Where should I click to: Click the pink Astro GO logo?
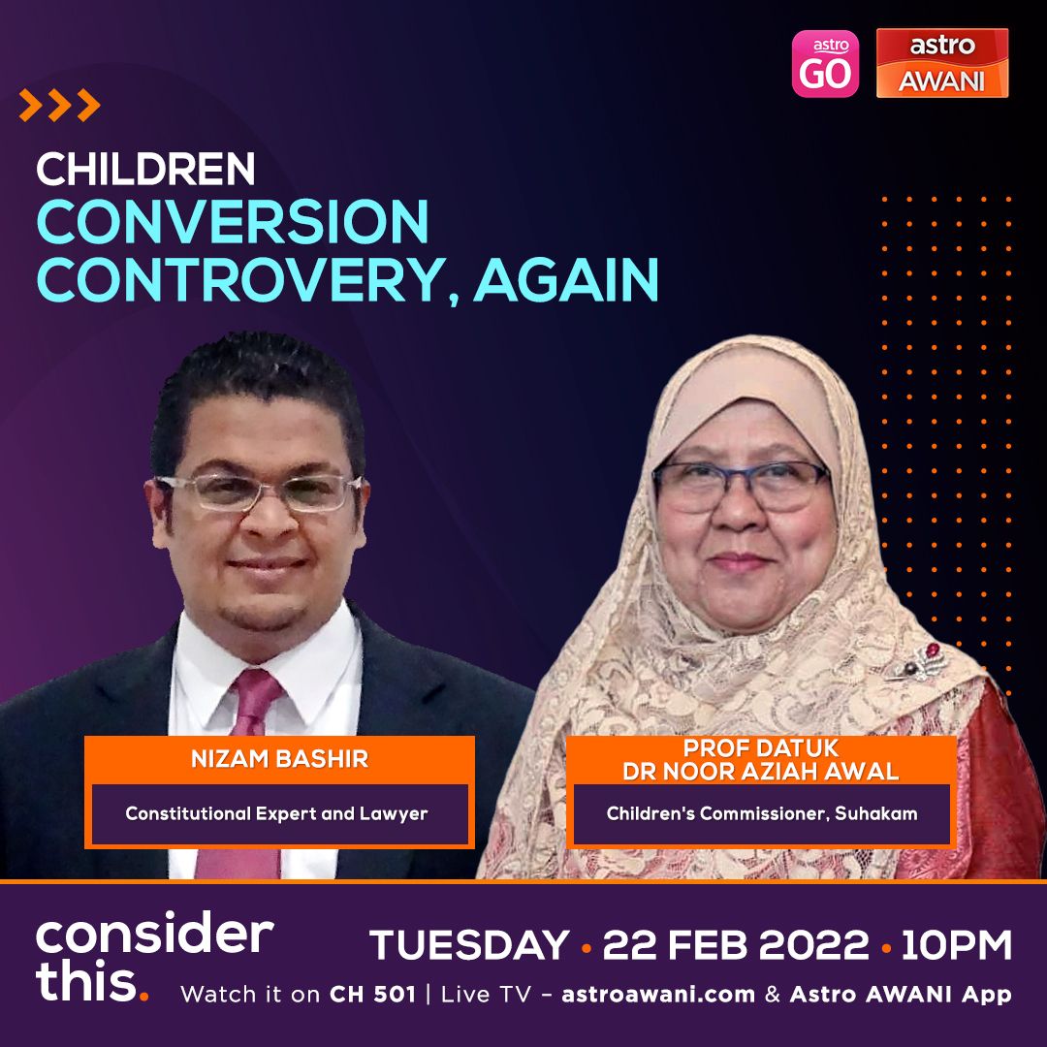[825, 63]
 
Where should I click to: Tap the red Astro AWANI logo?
[941, 63]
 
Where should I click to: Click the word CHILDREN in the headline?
[145, 169]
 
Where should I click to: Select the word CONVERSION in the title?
[233, 221]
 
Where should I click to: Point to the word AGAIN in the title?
[566, 280]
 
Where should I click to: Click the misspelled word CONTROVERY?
[241, 280]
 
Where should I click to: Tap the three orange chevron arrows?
[59, 105]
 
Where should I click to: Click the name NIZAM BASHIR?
[279, 759]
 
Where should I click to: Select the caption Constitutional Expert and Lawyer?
[276, 813]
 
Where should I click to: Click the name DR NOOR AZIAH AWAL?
[761, 772]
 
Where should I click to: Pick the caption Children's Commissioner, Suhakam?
[762, 813]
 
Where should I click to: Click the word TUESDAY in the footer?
[469, 945]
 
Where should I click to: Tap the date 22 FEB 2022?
[736, 945]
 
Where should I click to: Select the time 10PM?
[957, 945]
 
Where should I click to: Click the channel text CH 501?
[372, 995]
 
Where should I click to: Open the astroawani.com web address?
[658, 995]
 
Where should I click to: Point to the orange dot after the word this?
[143, 996]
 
